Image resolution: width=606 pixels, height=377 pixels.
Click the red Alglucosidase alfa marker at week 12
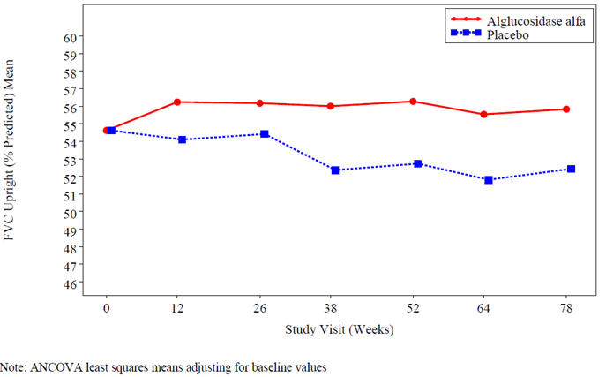pos(177,102)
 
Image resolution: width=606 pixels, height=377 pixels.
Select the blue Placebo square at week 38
pos(335,170)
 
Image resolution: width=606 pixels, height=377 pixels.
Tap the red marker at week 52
pos(413,102)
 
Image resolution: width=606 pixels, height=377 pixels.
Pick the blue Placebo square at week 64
pos(489,180)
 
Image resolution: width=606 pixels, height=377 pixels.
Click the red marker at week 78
pos(566,109)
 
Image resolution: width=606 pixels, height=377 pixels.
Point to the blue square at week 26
pos(265,134)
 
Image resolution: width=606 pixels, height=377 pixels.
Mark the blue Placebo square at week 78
pos(572,169)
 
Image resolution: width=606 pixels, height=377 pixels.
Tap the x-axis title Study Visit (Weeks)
pos(339,331)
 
